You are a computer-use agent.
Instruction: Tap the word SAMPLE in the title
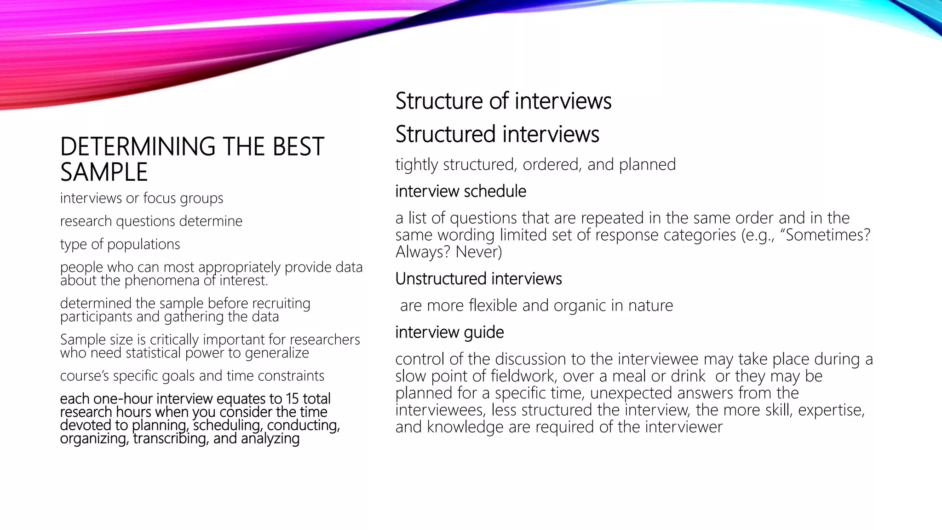(x=104, y=173)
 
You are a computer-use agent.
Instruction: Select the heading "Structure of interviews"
(x=503, y=101)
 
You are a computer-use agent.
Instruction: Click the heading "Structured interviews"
(x=497, y=134)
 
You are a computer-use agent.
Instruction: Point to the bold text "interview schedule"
(x=460, y=191)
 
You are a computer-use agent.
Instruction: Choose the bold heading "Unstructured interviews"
(x=478, y=279)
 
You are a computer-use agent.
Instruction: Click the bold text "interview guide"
(x=449, y=332)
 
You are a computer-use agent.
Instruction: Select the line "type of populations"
(x=120, y=244)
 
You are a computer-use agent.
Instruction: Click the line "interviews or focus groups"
(x=142, y=198)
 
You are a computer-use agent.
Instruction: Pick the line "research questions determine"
(x=151, y=221)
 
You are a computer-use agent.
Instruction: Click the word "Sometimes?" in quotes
(x=827, y=235)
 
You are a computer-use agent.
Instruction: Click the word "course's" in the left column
(x=85, y=376)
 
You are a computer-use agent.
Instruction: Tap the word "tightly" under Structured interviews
(x=416, y=165)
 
